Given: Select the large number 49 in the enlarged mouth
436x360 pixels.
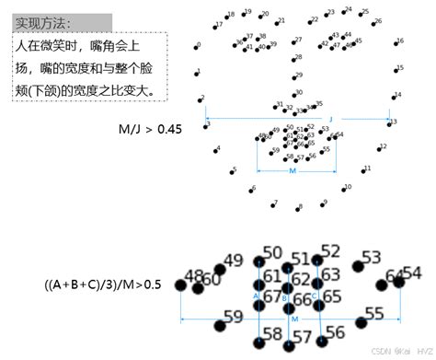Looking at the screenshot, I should (x=234, y=260).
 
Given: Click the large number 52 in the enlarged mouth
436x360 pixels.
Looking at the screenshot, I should (x=330, y=250).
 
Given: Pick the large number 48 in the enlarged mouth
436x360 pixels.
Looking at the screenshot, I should (x=194, y=275).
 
